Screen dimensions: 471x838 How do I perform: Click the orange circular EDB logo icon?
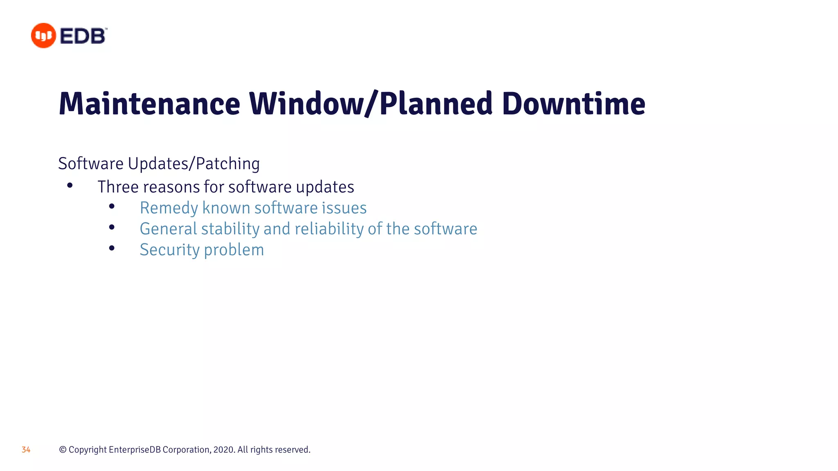pos(43,36)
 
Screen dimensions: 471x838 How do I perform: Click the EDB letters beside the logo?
pos(83,36)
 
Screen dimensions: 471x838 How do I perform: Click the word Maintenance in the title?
pos(149,104)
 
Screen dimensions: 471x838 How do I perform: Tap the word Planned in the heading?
pos(436,104)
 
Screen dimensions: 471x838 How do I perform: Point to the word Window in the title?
pos(306,104)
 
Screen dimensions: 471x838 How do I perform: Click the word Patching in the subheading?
pos(228,164)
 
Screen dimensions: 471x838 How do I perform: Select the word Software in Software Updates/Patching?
pos(91,164)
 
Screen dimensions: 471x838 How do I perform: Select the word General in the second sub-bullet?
pos(168,229)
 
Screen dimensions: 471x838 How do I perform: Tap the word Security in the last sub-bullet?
pos(169,250)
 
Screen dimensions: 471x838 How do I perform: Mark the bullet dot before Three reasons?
pos(70,186)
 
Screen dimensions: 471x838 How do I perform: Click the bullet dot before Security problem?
pos(112,248)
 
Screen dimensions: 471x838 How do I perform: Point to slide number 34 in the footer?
pos(26,450)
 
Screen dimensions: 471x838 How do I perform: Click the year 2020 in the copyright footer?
pos(224,450)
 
